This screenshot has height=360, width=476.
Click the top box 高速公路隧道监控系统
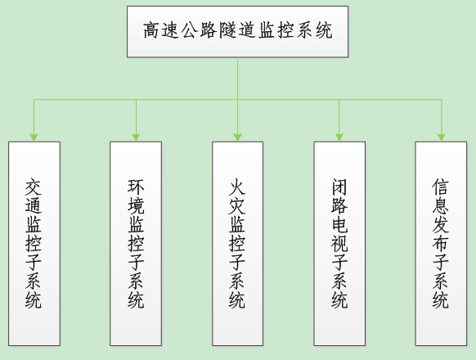tap(237, 31)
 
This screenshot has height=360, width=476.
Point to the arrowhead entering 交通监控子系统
tap(34, 137)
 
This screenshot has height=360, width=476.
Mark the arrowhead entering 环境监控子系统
tap(136, 137)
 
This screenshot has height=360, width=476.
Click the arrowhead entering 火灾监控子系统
tap(237, 137)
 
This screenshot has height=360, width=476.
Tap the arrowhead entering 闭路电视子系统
tap(339, 137)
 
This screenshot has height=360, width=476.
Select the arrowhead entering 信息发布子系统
tap(441, 137)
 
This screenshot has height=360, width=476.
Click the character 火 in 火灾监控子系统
tap(237, 187)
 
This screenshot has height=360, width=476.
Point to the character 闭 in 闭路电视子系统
tap(339, 187)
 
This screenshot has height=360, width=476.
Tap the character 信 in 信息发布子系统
tap(441, 187)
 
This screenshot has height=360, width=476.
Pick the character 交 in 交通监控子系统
tap(34, 187)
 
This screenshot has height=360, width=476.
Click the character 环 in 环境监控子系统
tap(136, 187)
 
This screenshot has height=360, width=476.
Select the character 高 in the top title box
tap(151, 32)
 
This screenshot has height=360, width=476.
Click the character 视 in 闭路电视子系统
tap(339, 243)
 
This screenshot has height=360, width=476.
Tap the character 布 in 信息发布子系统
tap(441, 243)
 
